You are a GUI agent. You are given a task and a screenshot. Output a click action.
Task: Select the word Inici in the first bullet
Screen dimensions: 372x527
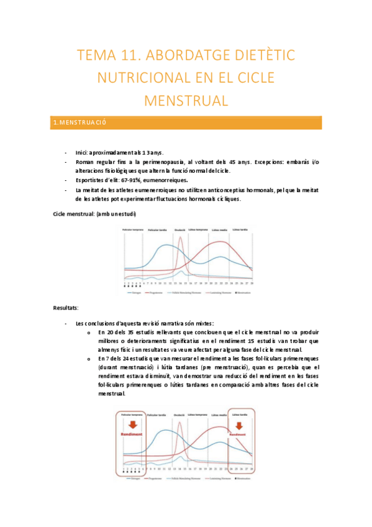coord(82,152)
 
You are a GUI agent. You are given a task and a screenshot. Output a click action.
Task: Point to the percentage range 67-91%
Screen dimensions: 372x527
coord(121,180)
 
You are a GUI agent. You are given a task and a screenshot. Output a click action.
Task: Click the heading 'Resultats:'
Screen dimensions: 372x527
coord(66,308)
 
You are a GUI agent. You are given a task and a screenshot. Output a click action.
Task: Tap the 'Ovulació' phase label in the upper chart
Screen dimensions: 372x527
coord(180,229)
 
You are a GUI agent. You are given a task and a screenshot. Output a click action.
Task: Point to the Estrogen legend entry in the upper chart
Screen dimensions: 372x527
coord(137,292)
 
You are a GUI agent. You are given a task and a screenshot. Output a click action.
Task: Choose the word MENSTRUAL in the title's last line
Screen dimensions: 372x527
coord(186,99)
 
